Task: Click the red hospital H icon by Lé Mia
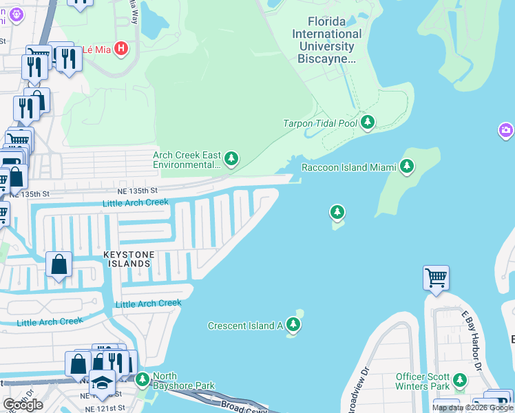pos(122,48)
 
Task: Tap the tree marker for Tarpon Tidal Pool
pos(368,123)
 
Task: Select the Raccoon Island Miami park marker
pos(407,167)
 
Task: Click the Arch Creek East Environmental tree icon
pos(232,160)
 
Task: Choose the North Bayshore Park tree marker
pos(143,379)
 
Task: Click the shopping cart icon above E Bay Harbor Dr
pos(436,279)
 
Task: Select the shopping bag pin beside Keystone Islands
pos(59,264)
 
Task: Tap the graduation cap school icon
pos(102,383)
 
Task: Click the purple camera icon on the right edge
pos(506,129)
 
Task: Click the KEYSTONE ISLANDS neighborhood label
pos(127,259)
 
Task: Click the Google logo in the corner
pos(23,405)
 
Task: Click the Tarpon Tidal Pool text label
pos(320,124)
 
